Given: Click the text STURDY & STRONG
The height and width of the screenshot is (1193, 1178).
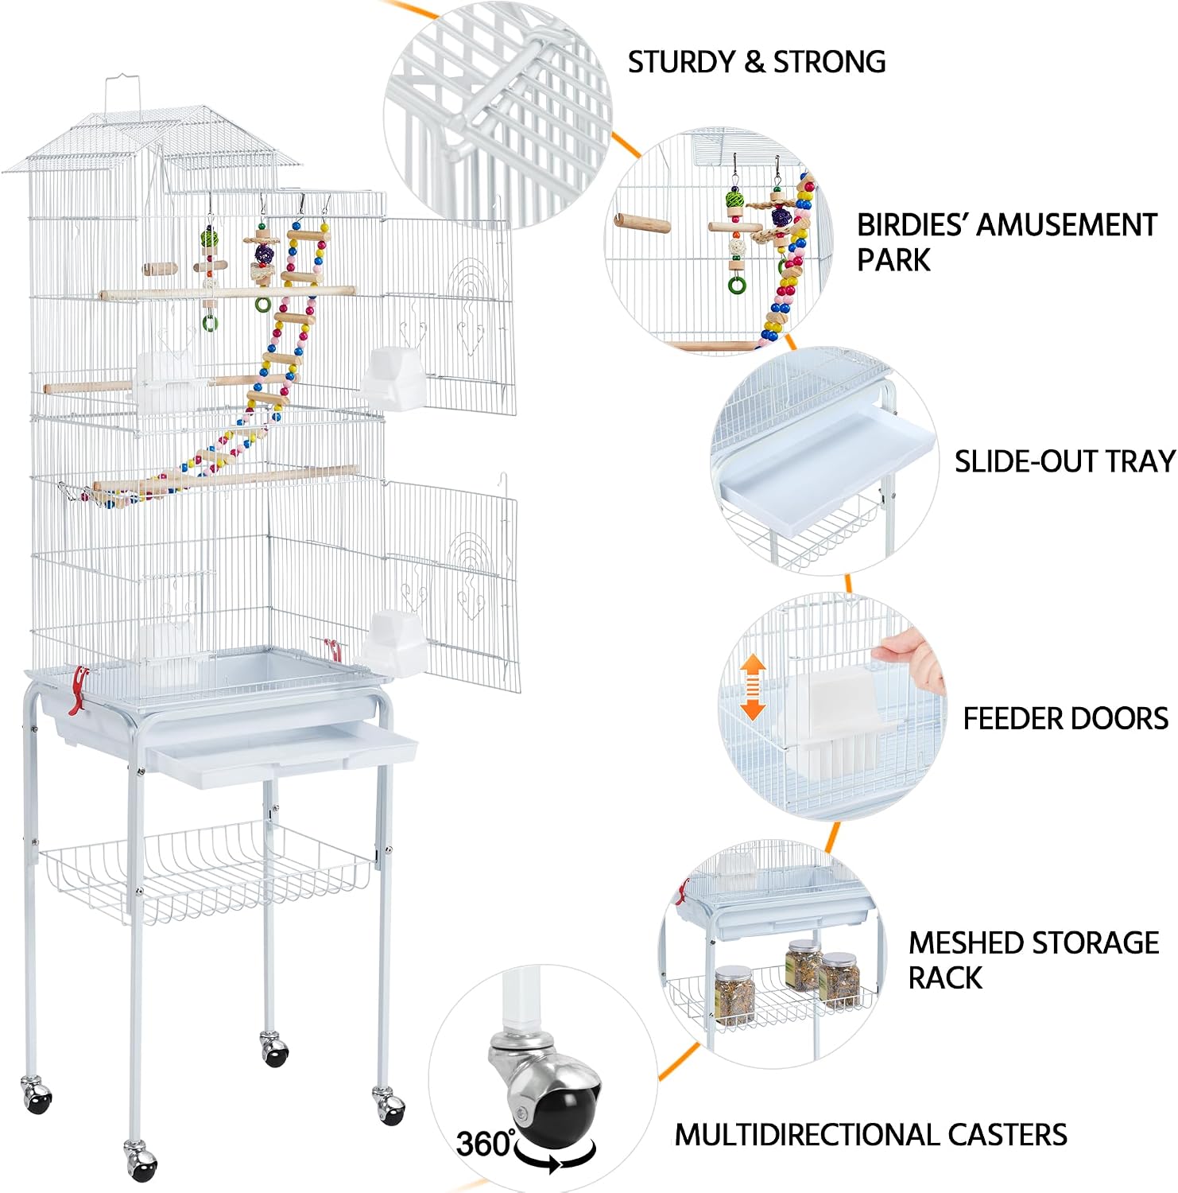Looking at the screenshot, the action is click(757, 62).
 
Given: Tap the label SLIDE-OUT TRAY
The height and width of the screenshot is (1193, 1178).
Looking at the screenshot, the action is click(1065, 462).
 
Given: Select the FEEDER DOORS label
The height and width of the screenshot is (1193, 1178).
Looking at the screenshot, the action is click(1066, 719).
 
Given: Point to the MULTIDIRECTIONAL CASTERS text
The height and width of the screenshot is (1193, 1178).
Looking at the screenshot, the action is click(871, 1135).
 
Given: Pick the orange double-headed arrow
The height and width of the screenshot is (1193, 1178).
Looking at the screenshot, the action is click(753, 689).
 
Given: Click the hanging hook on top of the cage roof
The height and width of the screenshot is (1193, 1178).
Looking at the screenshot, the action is click(123, 94).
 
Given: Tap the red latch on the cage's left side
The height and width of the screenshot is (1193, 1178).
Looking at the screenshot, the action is click(78, 690).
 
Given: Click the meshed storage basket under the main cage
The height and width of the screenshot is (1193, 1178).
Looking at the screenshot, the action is click(207, 871).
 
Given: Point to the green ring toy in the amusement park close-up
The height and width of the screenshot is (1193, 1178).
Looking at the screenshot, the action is click(737, 283).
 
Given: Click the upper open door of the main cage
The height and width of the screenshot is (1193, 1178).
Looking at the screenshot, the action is click(450, 314).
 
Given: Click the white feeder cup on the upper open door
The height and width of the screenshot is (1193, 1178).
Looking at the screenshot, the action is click(395, 377).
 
